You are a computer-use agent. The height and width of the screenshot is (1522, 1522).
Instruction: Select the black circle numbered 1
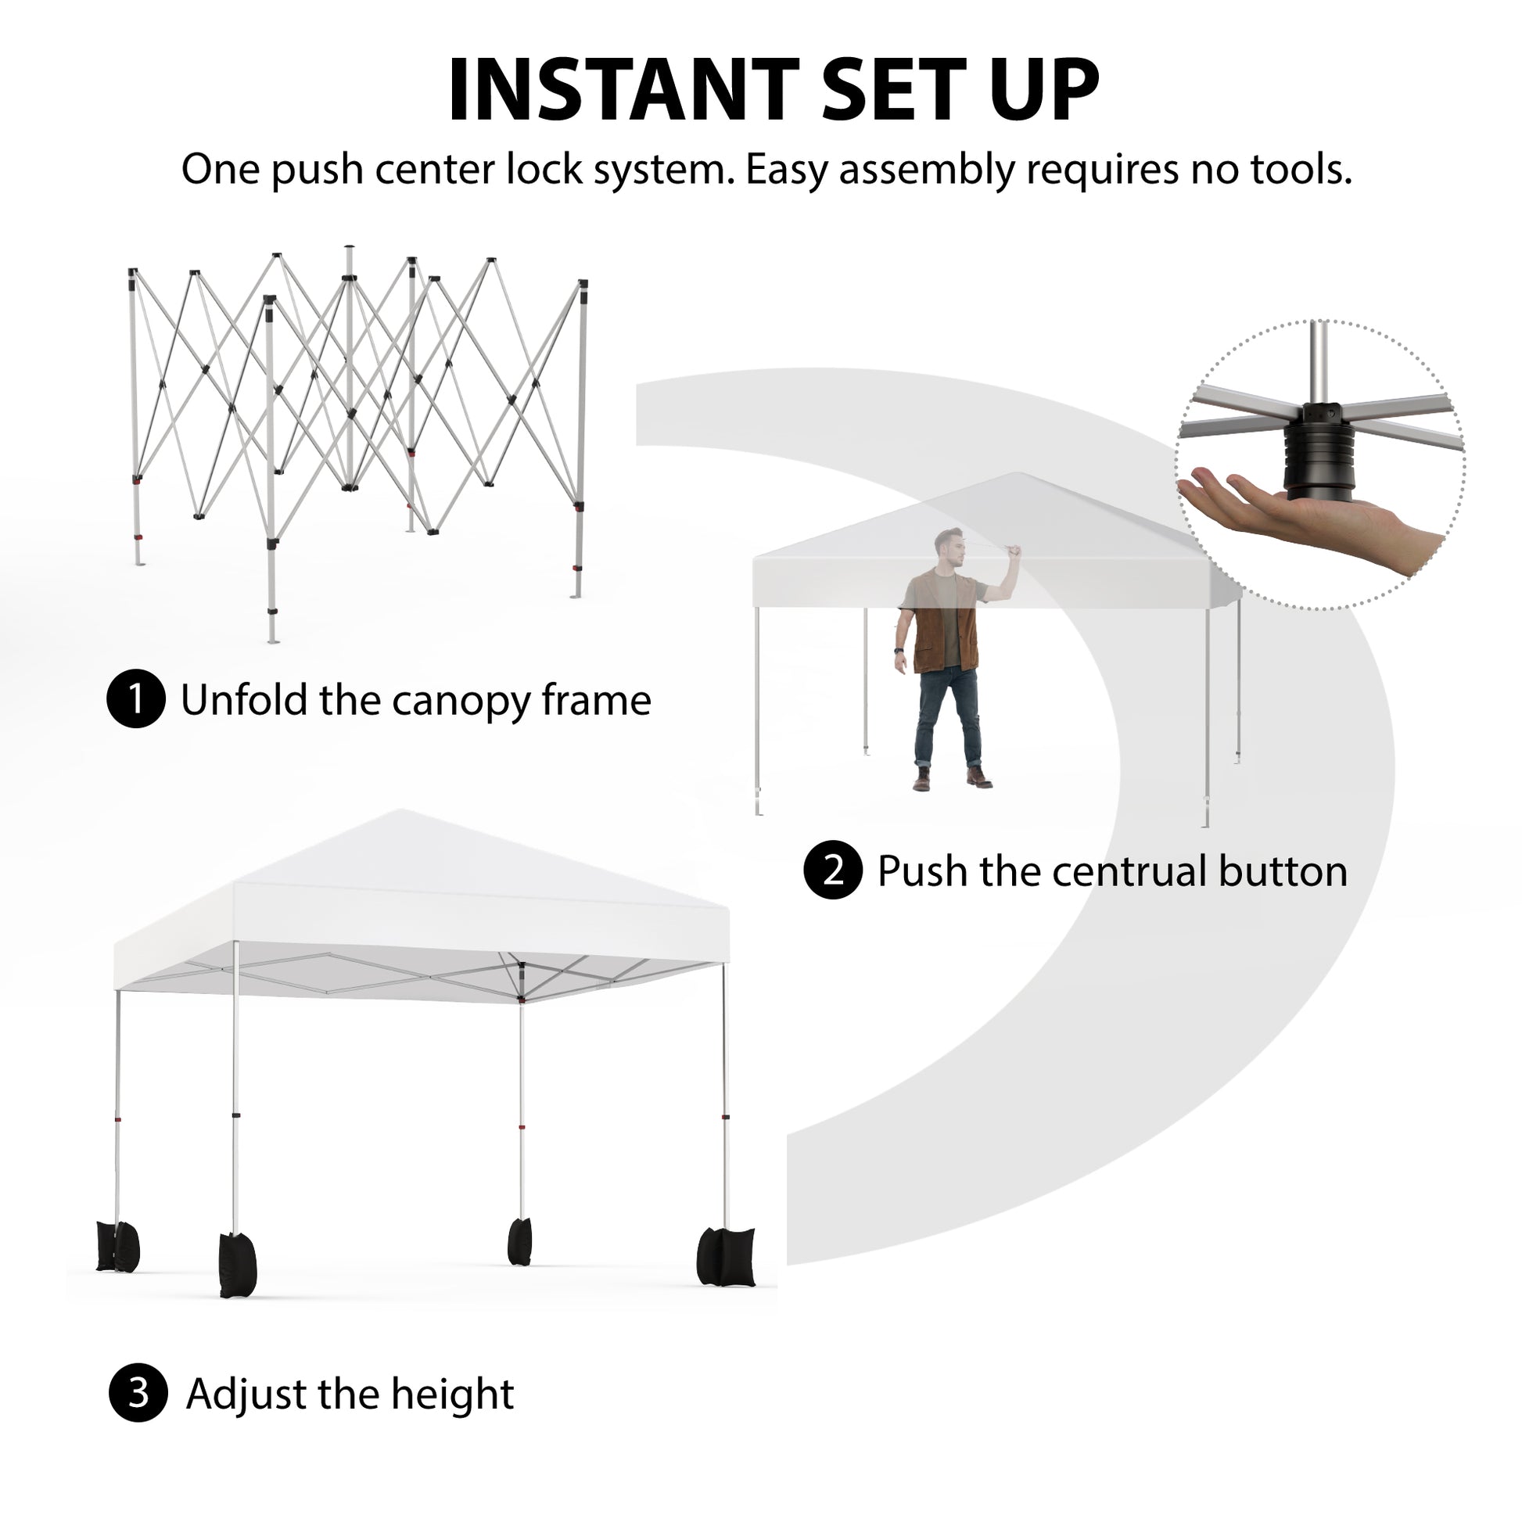(136, 698)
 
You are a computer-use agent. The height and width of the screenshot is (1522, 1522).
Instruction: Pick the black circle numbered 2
(833, 870)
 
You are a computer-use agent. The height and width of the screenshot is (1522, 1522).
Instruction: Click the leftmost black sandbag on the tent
(117, 1245)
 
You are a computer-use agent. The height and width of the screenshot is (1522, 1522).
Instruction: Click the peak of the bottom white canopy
(400, 809)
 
